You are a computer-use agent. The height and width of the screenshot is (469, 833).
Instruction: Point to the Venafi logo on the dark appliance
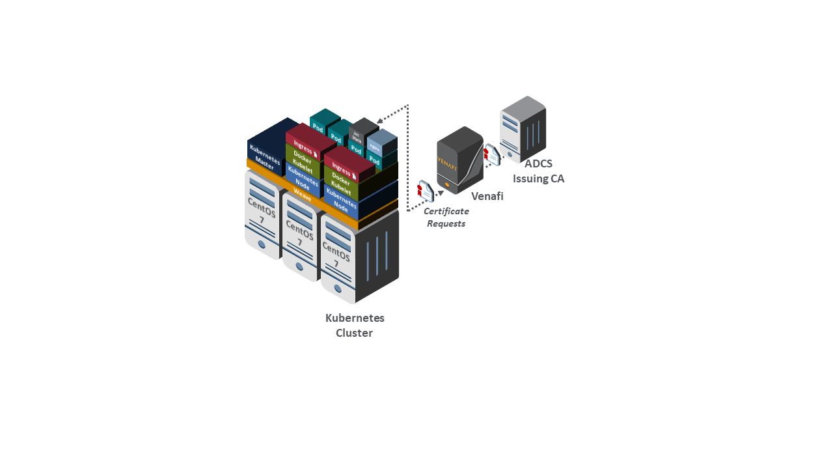point(448,163)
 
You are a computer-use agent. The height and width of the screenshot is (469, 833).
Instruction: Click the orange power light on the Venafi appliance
point(447,184)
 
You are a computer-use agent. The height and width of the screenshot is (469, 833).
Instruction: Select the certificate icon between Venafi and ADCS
point(491,154)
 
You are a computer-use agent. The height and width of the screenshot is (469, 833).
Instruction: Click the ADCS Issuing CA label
point(538,171)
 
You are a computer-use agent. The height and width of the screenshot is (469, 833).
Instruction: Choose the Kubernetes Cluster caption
point(355,326)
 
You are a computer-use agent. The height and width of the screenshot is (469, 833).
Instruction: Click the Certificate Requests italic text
point(446,218)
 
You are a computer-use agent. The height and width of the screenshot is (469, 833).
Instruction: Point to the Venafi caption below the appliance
point(487,196)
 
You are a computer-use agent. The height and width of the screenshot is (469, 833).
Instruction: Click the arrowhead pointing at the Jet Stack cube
point(380,120)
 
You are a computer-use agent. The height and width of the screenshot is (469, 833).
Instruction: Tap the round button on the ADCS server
point(510,154)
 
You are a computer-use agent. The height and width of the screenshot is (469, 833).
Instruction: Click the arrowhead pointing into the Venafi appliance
point(441,192)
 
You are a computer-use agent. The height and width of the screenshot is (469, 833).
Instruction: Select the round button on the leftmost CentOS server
point(262,244)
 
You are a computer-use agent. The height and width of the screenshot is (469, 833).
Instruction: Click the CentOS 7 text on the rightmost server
point(336,255)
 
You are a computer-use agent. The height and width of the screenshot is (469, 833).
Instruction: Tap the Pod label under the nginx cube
point(374,160)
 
